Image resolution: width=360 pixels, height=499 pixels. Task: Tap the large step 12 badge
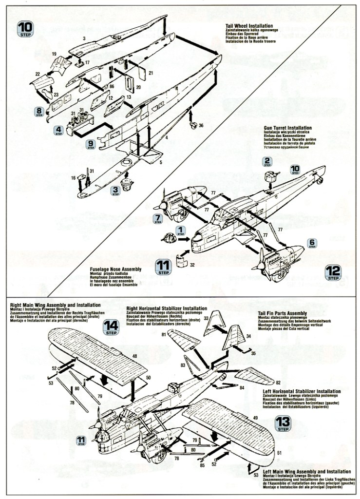[334, 273]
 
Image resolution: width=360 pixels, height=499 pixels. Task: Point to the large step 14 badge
[111, 327]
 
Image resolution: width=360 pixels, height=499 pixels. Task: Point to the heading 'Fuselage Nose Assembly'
[115, 269]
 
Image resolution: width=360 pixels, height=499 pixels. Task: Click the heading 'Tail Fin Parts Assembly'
[282, 313]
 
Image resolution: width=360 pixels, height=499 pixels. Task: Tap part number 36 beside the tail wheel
[201, 126]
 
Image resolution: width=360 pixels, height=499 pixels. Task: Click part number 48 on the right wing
[134, 357]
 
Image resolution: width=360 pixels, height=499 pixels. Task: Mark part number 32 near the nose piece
[193, 265]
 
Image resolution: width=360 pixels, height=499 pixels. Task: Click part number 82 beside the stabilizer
[278, 382]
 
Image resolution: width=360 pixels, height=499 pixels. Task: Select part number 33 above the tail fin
[206, 318]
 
